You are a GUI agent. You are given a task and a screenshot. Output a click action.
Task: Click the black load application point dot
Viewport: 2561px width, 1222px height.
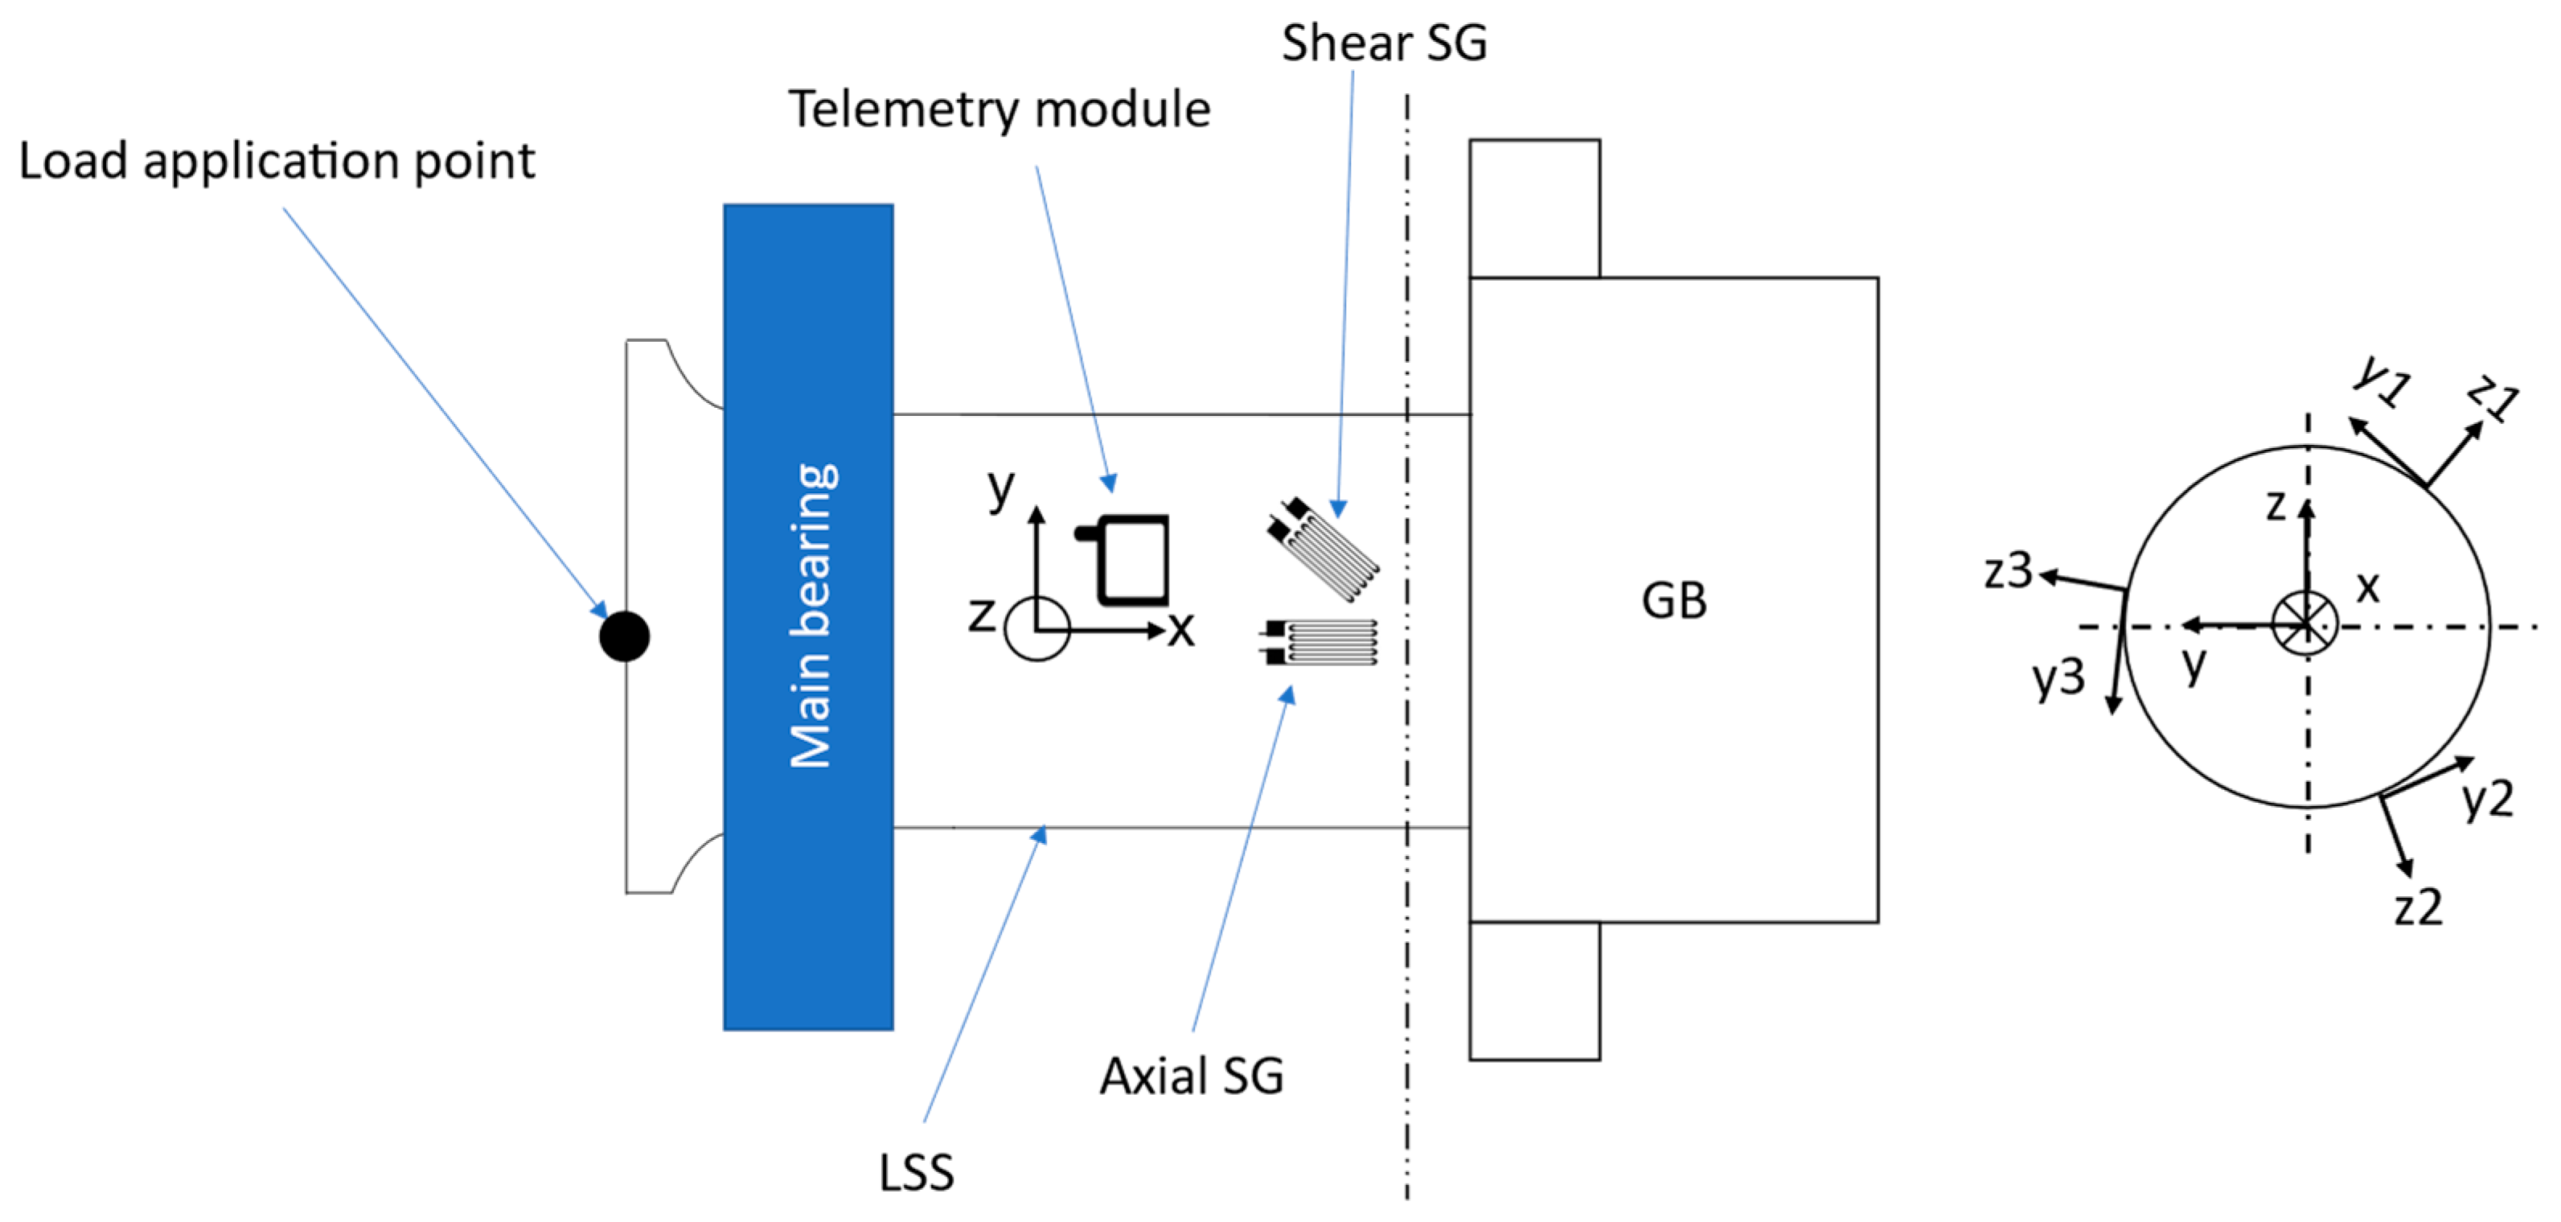click(x=624, y=636)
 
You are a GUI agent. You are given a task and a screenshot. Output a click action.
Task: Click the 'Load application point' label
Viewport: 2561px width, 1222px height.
click(x=277, y=161)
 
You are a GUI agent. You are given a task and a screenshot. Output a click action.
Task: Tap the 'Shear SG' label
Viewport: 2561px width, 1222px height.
click(x=1383, y=43)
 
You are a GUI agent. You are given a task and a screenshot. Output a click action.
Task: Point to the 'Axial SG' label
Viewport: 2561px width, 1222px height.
click(x=1191, y=1076)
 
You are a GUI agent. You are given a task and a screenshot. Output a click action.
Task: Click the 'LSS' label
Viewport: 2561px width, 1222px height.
click(x=916, y=1172)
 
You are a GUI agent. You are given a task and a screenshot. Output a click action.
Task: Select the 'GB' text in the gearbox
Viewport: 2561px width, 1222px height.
click(x=1673, y=601)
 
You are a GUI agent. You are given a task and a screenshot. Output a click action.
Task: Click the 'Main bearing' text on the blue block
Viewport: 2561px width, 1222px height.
click(x=811, y=616)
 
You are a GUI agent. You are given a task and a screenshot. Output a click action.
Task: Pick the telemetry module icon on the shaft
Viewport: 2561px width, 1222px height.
click(x=1128, y=559)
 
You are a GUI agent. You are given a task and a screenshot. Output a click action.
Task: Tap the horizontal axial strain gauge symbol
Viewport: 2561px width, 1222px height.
click(x=1321, y=642)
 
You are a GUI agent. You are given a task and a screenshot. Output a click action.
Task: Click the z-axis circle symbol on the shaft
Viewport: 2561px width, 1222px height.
click(x=1036, y=629)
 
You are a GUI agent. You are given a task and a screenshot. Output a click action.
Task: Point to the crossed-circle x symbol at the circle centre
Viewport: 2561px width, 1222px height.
click(x=2304, y=624)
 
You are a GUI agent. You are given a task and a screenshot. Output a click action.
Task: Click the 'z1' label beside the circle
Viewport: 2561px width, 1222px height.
click(x=2493, y=397)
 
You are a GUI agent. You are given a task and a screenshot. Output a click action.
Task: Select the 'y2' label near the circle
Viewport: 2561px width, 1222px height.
click(x=2488, y=797)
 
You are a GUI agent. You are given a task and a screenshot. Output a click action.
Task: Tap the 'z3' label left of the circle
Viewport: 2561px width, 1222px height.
click(x=2009, y=570)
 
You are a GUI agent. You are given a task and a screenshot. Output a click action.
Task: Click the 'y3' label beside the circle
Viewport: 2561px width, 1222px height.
click(x=2058, y=677)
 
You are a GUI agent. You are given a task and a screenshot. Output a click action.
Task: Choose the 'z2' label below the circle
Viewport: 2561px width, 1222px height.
click(x=2417, y=907)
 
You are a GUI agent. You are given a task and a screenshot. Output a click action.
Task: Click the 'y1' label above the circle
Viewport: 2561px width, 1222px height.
click(x=2381, y=380)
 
